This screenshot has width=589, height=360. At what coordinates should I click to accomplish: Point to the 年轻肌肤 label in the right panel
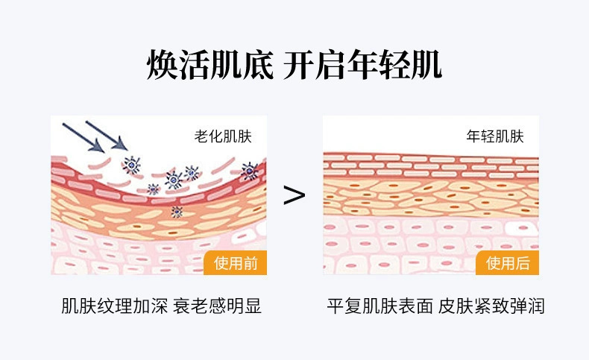click(x=495, y=136)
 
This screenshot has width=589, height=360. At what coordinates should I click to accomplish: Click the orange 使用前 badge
click(x=235, y=262)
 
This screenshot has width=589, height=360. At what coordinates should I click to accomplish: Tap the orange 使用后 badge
click(x=507, y=262)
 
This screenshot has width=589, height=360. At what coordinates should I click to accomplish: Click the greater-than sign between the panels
click(x=294, y=195)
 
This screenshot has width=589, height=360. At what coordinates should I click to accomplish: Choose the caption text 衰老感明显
click(x=217, y=306)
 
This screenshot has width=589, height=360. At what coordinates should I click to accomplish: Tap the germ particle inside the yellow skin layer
click(x=177, y=212)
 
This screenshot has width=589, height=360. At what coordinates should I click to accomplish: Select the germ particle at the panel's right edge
click(x=249, y=171)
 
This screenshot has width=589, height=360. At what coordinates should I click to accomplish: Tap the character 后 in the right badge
click(x=522, y=262)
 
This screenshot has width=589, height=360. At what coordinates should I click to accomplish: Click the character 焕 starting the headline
click(x=163, y=66)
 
